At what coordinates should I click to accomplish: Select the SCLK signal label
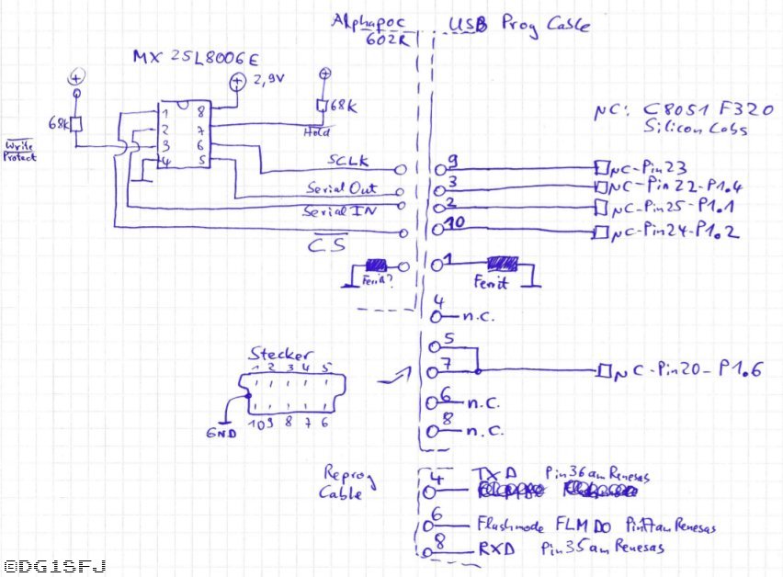[x=349, y=161]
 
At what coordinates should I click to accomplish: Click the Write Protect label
[x=19, y=152]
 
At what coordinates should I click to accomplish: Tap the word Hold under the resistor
[x=315, y=132]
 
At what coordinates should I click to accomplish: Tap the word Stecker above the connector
[x=280, y=353]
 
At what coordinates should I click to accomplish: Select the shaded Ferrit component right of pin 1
[x=503, y=264]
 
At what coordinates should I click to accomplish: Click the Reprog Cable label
[x=347, y=482]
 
